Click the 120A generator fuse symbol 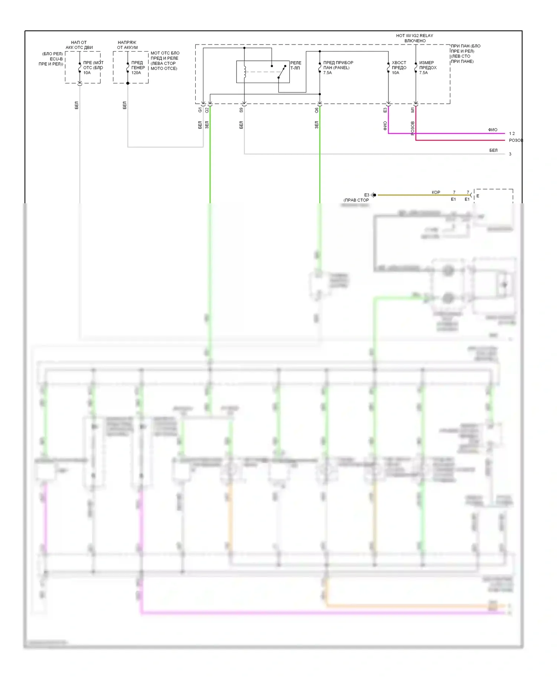(128, 68)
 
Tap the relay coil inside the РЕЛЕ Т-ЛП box (245, 72)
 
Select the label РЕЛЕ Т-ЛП (296, 65)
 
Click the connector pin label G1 (200, 110)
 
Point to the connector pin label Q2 (207, 110)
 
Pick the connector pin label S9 (241, 110)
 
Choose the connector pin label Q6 (317, 110)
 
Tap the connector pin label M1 (413, 110)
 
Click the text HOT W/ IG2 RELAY (414, 36)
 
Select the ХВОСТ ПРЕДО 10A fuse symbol (388, 68)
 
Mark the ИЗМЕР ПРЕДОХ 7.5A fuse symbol (416, 68)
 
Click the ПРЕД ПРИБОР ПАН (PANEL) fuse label (338, 68)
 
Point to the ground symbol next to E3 (374, 195)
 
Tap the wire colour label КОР (436, 192)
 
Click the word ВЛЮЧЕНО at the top (415, 41)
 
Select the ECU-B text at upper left (56, 59)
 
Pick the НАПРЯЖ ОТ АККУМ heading (127, 45)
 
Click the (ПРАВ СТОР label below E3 (356, 200)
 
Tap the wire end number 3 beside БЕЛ (510, 154)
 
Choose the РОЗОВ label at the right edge (516, 140)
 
